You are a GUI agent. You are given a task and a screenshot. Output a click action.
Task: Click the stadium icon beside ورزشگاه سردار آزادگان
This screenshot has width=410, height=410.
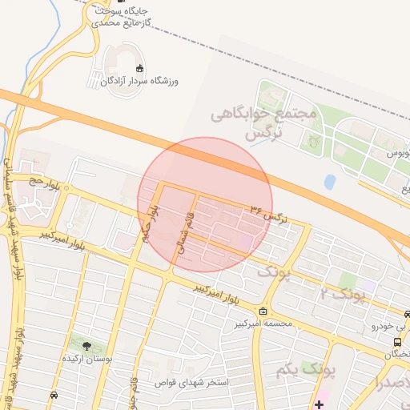click(140, 68)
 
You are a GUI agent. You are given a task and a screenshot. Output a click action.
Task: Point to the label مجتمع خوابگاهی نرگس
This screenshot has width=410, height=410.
click(264, 124)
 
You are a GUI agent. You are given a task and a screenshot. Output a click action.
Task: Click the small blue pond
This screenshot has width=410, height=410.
click(330, 182)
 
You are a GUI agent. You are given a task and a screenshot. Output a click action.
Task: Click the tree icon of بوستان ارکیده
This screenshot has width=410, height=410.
click(86, 346)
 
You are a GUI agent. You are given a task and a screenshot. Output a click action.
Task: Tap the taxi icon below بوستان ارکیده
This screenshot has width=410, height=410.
click(54, 395)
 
